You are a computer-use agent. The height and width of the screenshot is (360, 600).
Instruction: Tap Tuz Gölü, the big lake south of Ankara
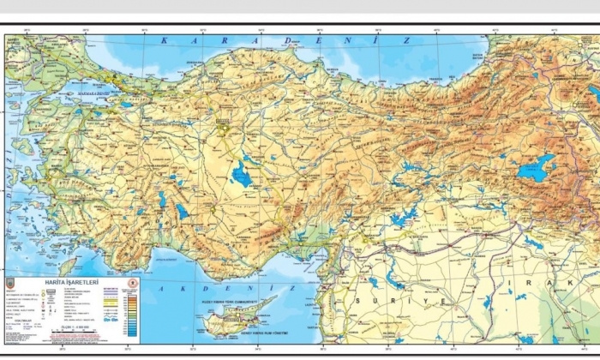(242, 176)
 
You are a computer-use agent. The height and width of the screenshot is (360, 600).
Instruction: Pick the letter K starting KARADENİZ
(164, 41)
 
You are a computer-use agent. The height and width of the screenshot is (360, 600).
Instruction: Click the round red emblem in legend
(132, 282)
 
